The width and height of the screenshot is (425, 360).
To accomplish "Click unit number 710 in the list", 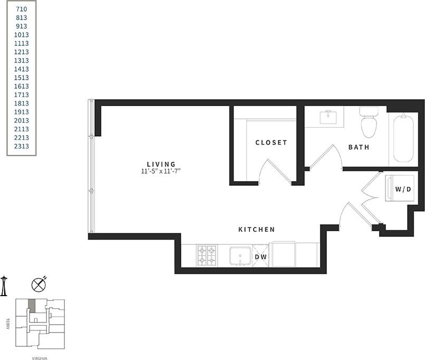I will [x=22, y=9].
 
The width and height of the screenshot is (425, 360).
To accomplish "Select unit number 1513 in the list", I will [x=22, y=78].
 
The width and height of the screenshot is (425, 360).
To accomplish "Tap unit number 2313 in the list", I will [x=22, y=146].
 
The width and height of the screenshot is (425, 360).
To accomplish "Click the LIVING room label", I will [x=161, y=164].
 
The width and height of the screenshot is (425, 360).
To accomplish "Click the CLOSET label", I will [x=271, y=143].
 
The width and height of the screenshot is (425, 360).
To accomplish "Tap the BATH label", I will [x=359, y=147].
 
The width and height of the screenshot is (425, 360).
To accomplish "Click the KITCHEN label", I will [x=257, y=230].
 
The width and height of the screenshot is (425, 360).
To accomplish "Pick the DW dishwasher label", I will [x=260, y=257].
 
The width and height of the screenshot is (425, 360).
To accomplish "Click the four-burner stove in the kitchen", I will [x=207, y=255].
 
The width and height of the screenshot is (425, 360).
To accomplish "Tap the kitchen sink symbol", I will [x=240, y=256].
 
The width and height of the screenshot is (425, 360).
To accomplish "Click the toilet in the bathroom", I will [x=368, y=122].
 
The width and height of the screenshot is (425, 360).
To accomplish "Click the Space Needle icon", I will [x=4, y=286].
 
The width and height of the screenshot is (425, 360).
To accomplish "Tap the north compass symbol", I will [x=38, y=285].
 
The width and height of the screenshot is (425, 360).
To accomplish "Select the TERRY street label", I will [x=8, y=324].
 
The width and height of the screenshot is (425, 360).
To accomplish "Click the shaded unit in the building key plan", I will [x=32, y=305].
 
